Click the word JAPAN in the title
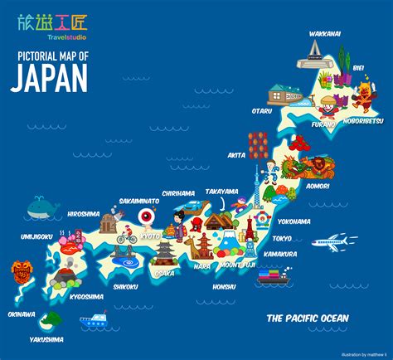(49, 76)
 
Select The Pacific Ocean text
(307, 318)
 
